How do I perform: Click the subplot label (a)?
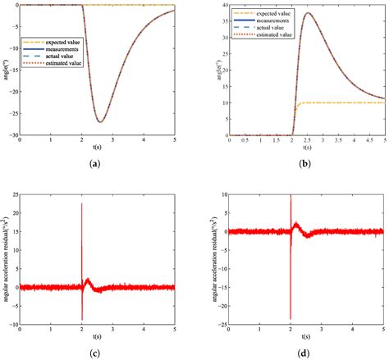(x=97, y=164)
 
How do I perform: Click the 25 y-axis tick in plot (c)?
(x=12, y=195)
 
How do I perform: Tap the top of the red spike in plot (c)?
(x=81, y=204)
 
